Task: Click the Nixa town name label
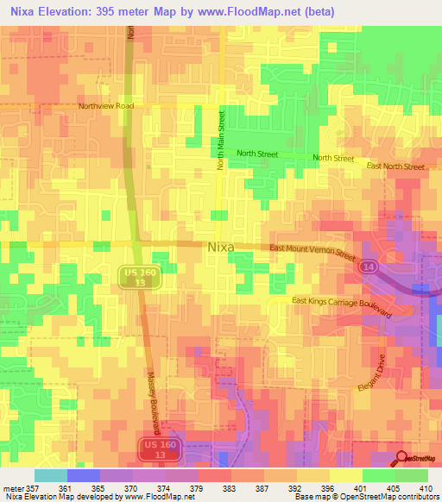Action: click(x=221, y=247)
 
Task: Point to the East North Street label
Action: click(x=395, y=166)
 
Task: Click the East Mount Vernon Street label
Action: click(x=313, y=251)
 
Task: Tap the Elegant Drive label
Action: click(x=375, y=377)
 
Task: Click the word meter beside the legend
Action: click(x=13, y=487)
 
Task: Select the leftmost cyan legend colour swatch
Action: click(x=50, y=475)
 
